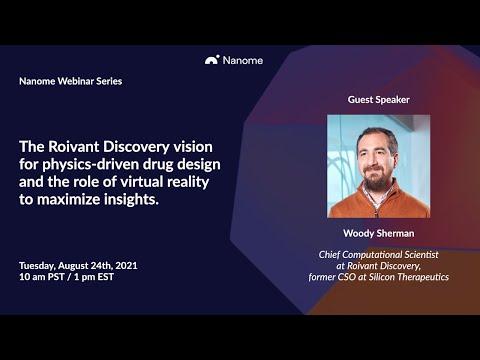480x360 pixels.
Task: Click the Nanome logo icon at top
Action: click(212, 60)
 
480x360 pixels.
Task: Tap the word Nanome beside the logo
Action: click(242, 60)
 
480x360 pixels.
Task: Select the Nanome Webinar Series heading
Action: click(70, 81)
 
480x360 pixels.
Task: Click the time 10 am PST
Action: click(46, 277)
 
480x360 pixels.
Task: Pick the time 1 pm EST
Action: click(106, 277)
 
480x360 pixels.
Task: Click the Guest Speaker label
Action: click(378, 100)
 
